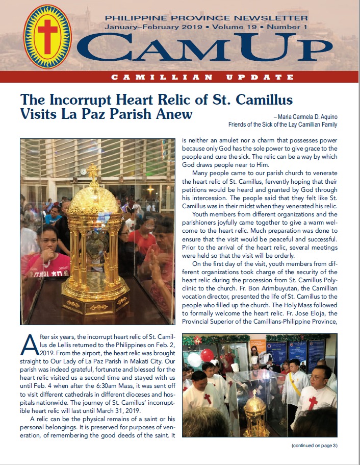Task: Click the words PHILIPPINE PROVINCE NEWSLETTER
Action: [213, 18]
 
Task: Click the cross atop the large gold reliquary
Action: [92, 171]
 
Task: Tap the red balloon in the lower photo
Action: [208, 355]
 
